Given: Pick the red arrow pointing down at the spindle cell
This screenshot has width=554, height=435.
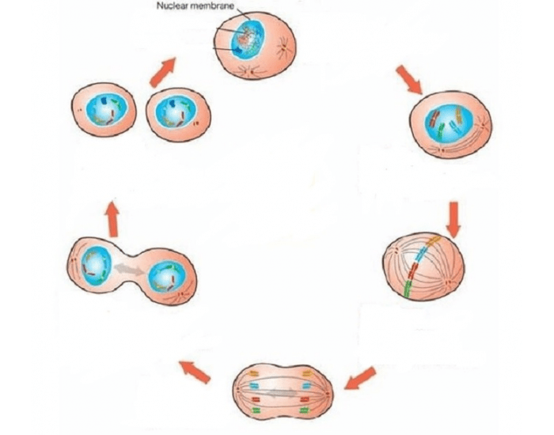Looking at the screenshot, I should coord(453,217).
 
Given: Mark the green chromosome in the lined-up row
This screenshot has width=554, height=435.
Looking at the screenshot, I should coord(405,289).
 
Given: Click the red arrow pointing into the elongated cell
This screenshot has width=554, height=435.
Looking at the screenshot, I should coord(361,377).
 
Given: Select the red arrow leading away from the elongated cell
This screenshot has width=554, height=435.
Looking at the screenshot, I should coord(195,370).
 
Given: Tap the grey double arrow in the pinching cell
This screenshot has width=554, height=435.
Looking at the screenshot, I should coord(130,270).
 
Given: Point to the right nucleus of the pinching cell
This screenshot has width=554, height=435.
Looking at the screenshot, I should coord(166,277).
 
